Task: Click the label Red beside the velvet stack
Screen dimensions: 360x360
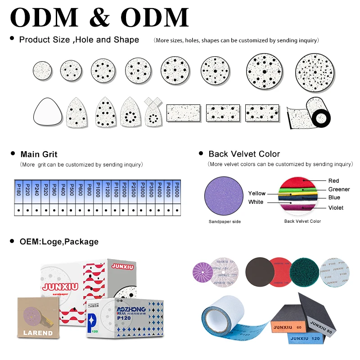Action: (x=333, y=181)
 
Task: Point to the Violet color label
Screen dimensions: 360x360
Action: (x=336, y=207)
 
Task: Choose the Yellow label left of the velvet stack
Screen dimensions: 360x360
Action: (x=257, y=193)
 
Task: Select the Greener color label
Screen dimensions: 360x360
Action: (x=339, y=189)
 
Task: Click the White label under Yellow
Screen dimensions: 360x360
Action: (x=256, y=202)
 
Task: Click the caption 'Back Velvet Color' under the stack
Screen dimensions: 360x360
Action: (x=302, y=221)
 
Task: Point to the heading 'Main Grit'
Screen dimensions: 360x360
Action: (x=39, y=154)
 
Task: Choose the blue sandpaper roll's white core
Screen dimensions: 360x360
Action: (x=221, y=320)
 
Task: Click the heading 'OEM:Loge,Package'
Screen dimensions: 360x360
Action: (x=59, y=242)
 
